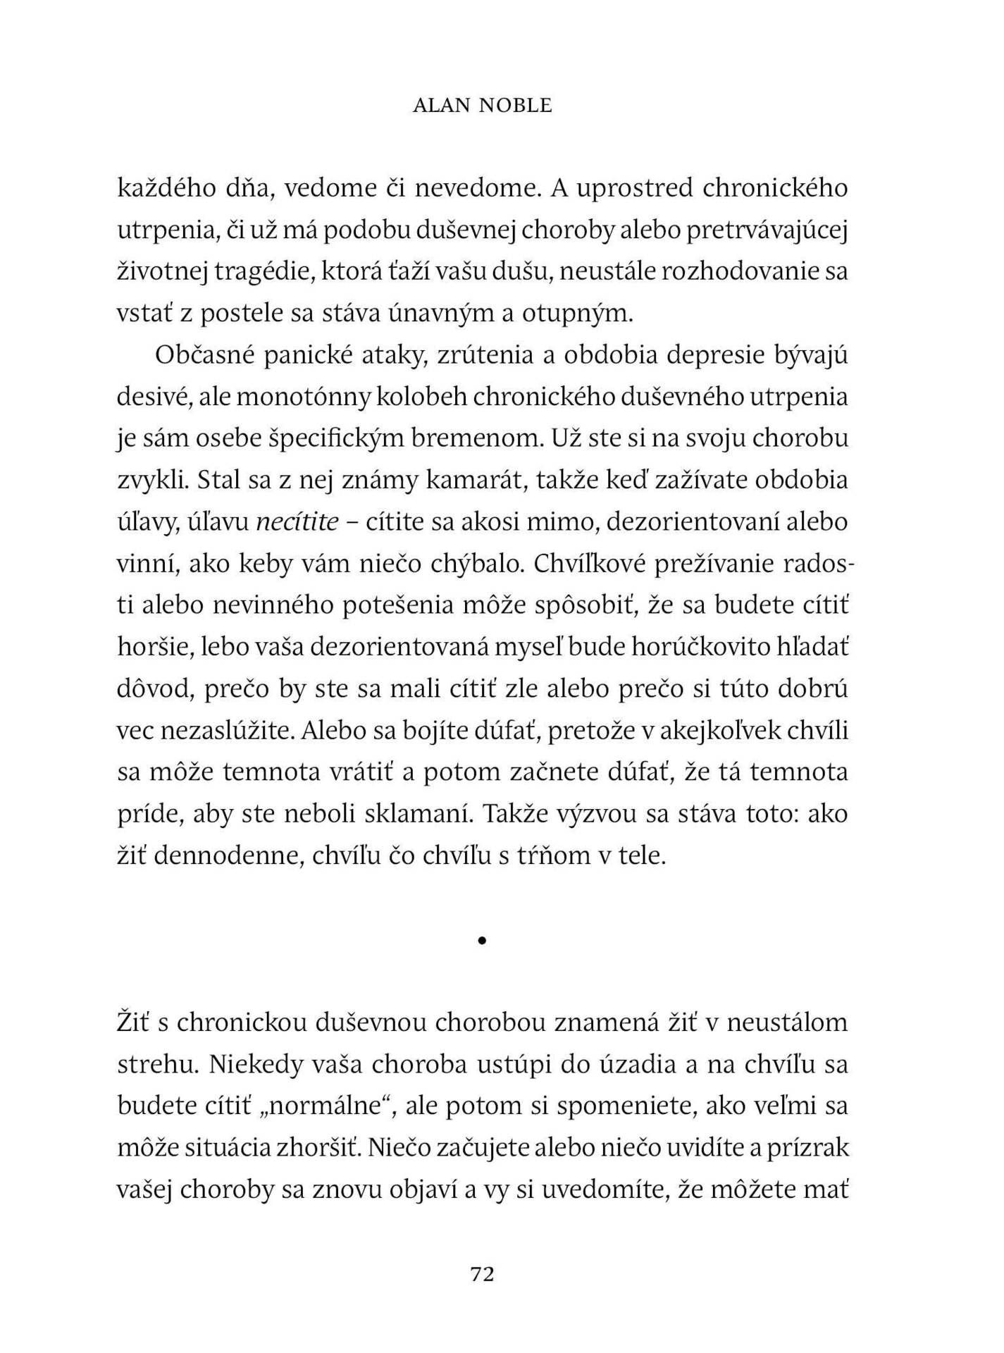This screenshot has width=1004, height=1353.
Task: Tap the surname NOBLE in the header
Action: (x=516, y=106)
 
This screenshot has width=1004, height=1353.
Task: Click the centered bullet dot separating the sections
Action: (x=482, y=939)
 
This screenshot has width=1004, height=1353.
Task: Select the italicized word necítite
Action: (x=297, y=522)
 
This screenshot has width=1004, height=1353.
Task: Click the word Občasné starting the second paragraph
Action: (x=202, y=356)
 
